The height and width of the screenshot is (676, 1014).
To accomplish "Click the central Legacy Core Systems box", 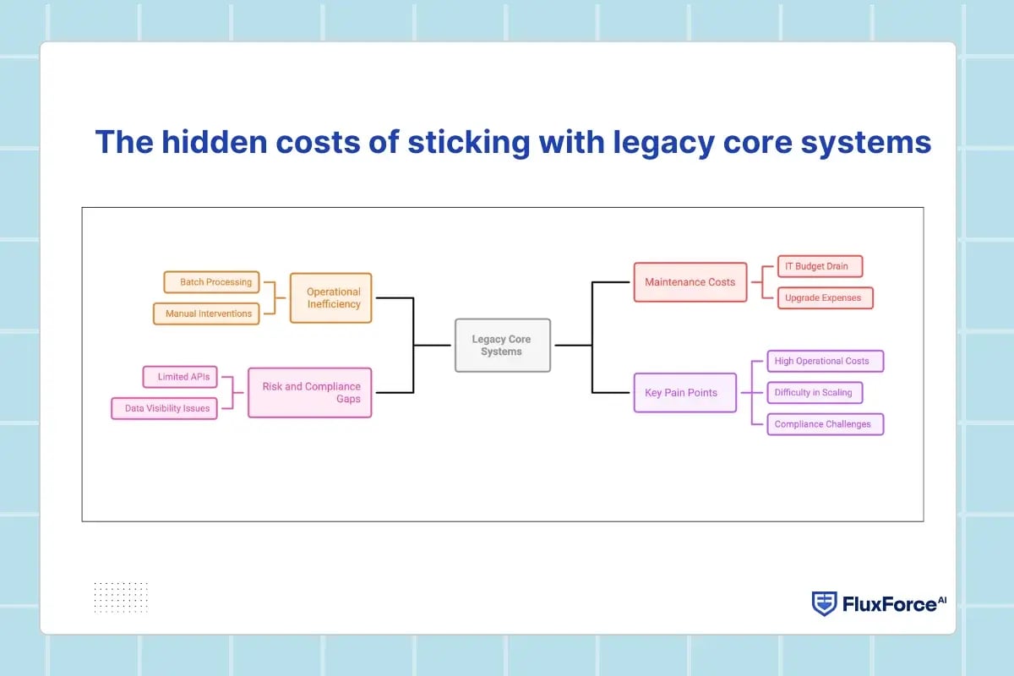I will (503, 345).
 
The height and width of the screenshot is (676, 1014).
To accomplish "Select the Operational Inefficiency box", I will (330, 297).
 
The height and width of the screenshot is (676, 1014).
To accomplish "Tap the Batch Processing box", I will (211, 282).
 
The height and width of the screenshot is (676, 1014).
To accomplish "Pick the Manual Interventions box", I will (207, 313).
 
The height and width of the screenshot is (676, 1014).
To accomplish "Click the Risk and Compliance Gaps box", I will (310, 392).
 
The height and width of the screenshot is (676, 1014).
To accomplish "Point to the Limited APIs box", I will (183, 376).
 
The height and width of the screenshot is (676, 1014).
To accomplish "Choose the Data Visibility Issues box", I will (165, 408).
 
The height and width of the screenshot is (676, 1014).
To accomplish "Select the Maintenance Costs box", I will (690, 281).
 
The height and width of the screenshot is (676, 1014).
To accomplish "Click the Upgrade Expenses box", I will (824, 297).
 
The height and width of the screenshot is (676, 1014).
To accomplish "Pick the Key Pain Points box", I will (684, 392).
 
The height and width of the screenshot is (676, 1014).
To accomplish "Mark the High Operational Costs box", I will (825, 361).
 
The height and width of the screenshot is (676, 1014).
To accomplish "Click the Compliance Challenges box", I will (825, 424).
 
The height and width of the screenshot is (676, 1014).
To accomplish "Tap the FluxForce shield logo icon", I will (824, 603).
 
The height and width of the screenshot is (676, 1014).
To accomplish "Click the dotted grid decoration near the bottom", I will (121, 597).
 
